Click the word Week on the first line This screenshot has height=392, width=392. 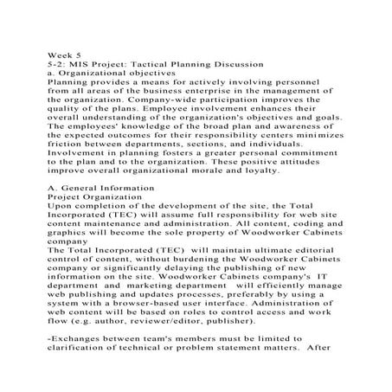60,55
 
